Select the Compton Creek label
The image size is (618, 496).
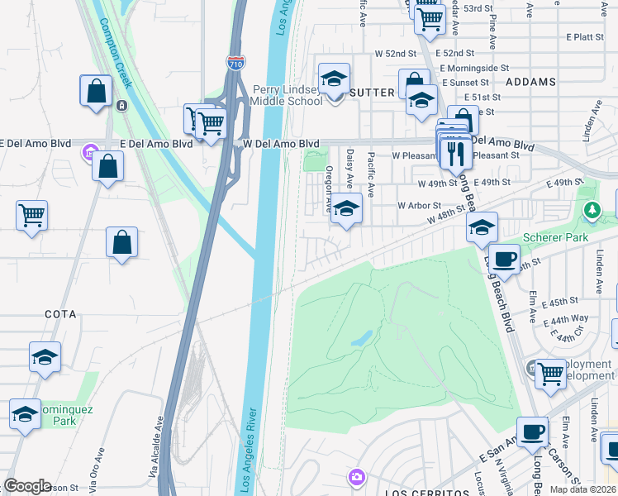coord(116,54)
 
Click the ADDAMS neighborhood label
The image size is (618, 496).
coord(530,83)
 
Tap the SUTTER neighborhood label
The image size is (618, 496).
coord(372,93)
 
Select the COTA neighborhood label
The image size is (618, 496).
coord(56,315)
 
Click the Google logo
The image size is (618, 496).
coord(26,486)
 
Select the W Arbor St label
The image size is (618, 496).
coord(419,205)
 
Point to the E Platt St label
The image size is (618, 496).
coord(586,37)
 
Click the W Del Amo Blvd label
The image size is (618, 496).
coord(281,144)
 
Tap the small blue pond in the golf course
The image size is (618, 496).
coord(361,339)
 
